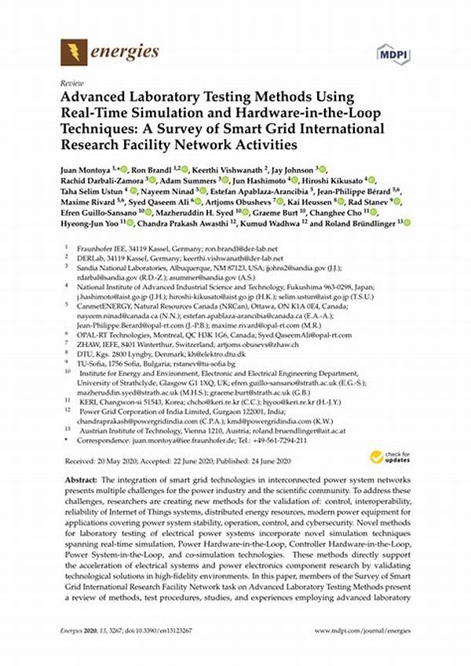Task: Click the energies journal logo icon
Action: click(x=74, y=53)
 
